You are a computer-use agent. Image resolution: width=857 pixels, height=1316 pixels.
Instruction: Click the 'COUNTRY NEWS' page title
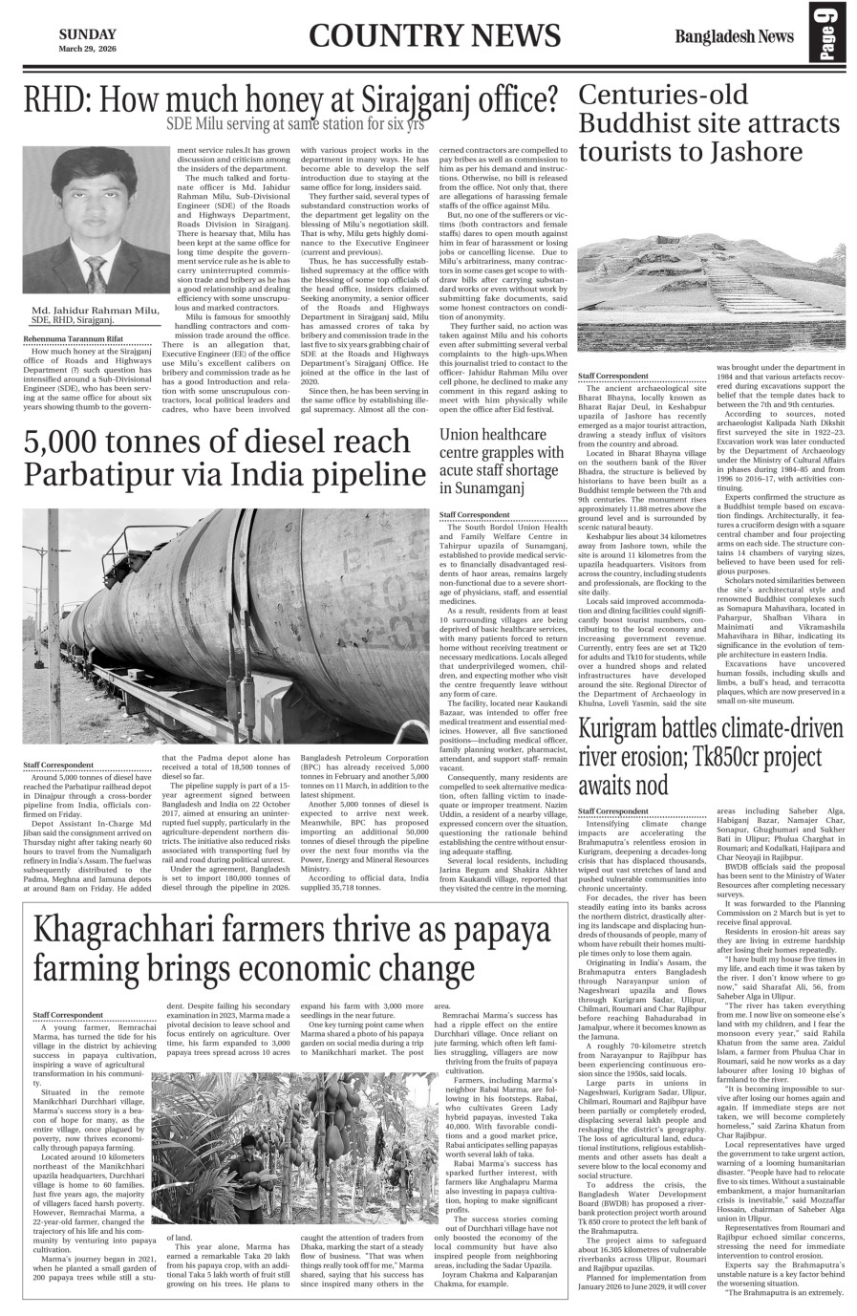point(435,36)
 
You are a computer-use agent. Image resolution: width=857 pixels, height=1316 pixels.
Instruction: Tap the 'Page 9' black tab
point(826,36)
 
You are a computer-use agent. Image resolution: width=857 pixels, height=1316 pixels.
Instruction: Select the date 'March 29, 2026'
point(88,49)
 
